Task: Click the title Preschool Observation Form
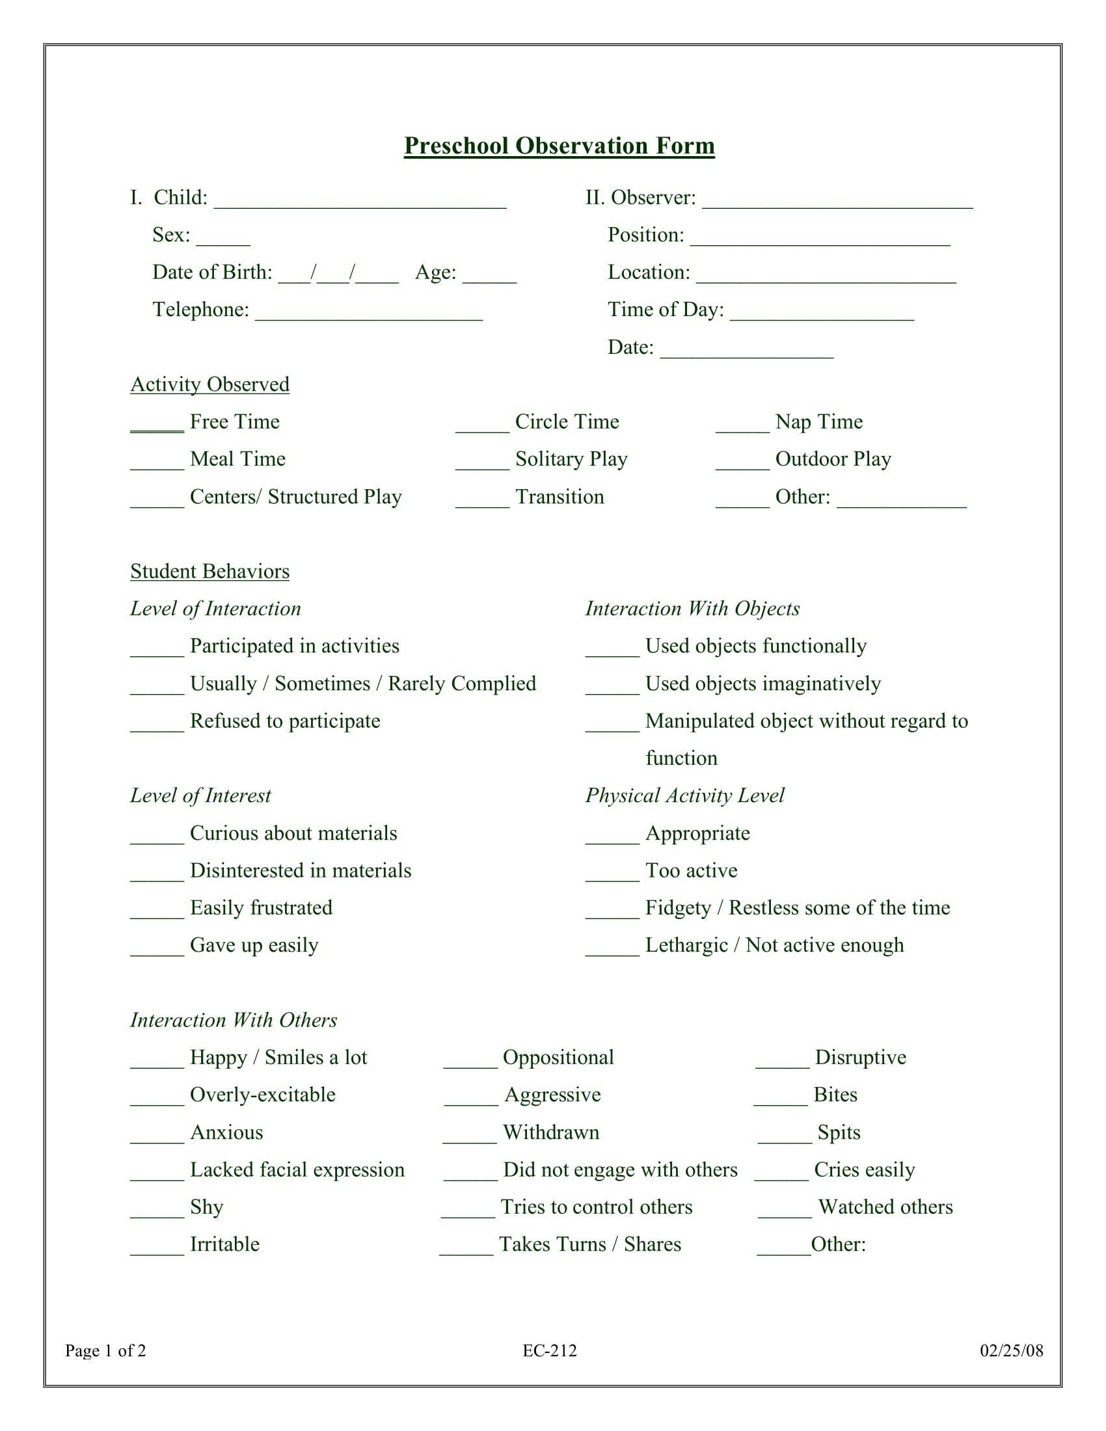pyautogui.click(x=559, y=146)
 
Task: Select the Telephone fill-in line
pyautogui.click(x=368, y=315)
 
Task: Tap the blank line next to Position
pyautogui.click(x=820, y=241)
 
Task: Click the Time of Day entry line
pyautogui.click(x=822, y=315)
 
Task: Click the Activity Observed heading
pyautogui.click(x=209, y=384)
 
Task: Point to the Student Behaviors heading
pyautogui.click(x=209, y=571)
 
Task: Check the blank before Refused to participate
pyautogui.click(x=157, y=726)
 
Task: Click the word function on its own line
pyautogui.click(x=681, y=758)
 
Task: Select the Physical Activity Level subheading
pyautogui.click(x=684, y=796)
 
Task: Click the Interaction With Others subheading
pyautogui.click(x=234, y=1020)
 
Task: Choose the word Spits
pyautogui.click(x=839, y=1132)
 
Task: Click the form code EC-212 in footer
pyautogui.click(x=549, y=1350)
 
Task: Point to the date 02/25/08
pyautogui.click(x=1011, y=1350)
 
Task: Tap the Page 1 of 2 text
pyautogui.click(x=105, y=1350)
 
